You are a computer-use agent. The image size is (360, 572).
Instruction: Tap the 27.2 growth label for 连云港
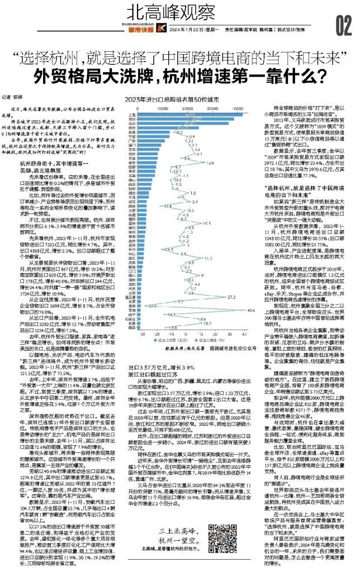(231, 297)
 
